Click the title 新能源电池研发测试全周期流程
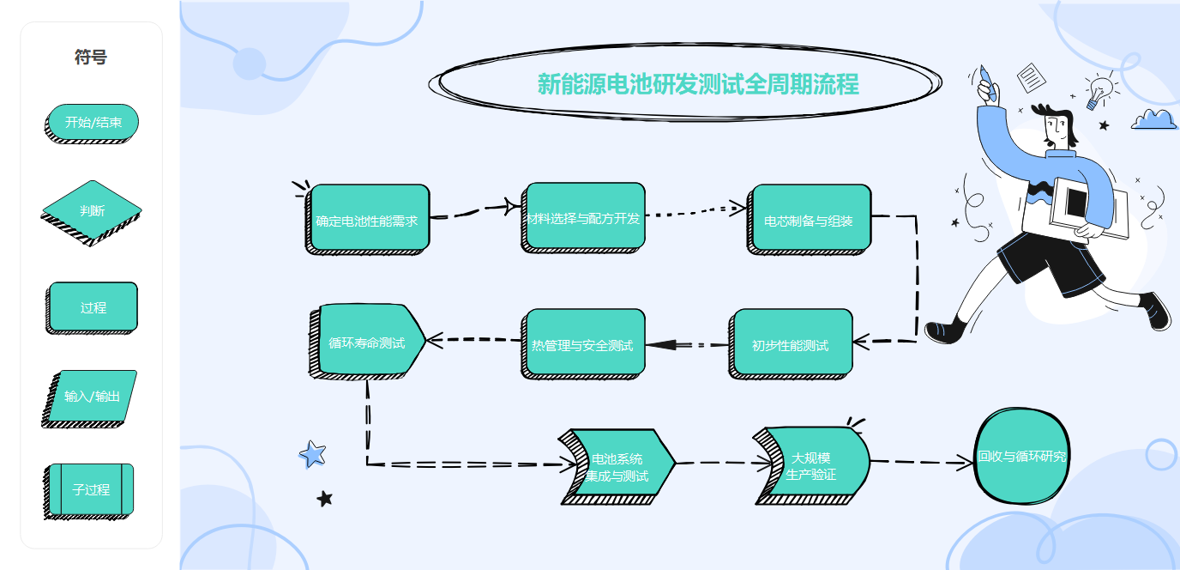(x=697, y=84)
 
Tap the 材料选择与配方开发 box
(x=584, y=217)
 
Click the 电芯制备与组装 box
(x=810, y=220)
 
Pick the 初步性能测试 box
(x=791, y=344)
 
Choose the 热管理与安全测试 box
(x=583, y=344)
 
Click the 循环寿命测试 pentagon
(x=367, y=342)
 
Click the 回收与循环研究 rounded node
(x=1022, y=457)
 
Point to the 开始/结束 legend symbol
(x=93, y=123)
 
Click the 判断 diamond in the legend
(x=93, y=210)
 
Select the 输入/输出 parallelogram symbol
(x=92, y=396)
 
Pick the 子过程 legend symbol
(x=91, y=489)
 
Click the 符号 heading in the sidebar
(x=91, y=58)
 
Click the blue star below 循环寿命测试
(x=312, y=453)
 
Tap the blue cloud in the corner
(x=1153, y=119)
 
